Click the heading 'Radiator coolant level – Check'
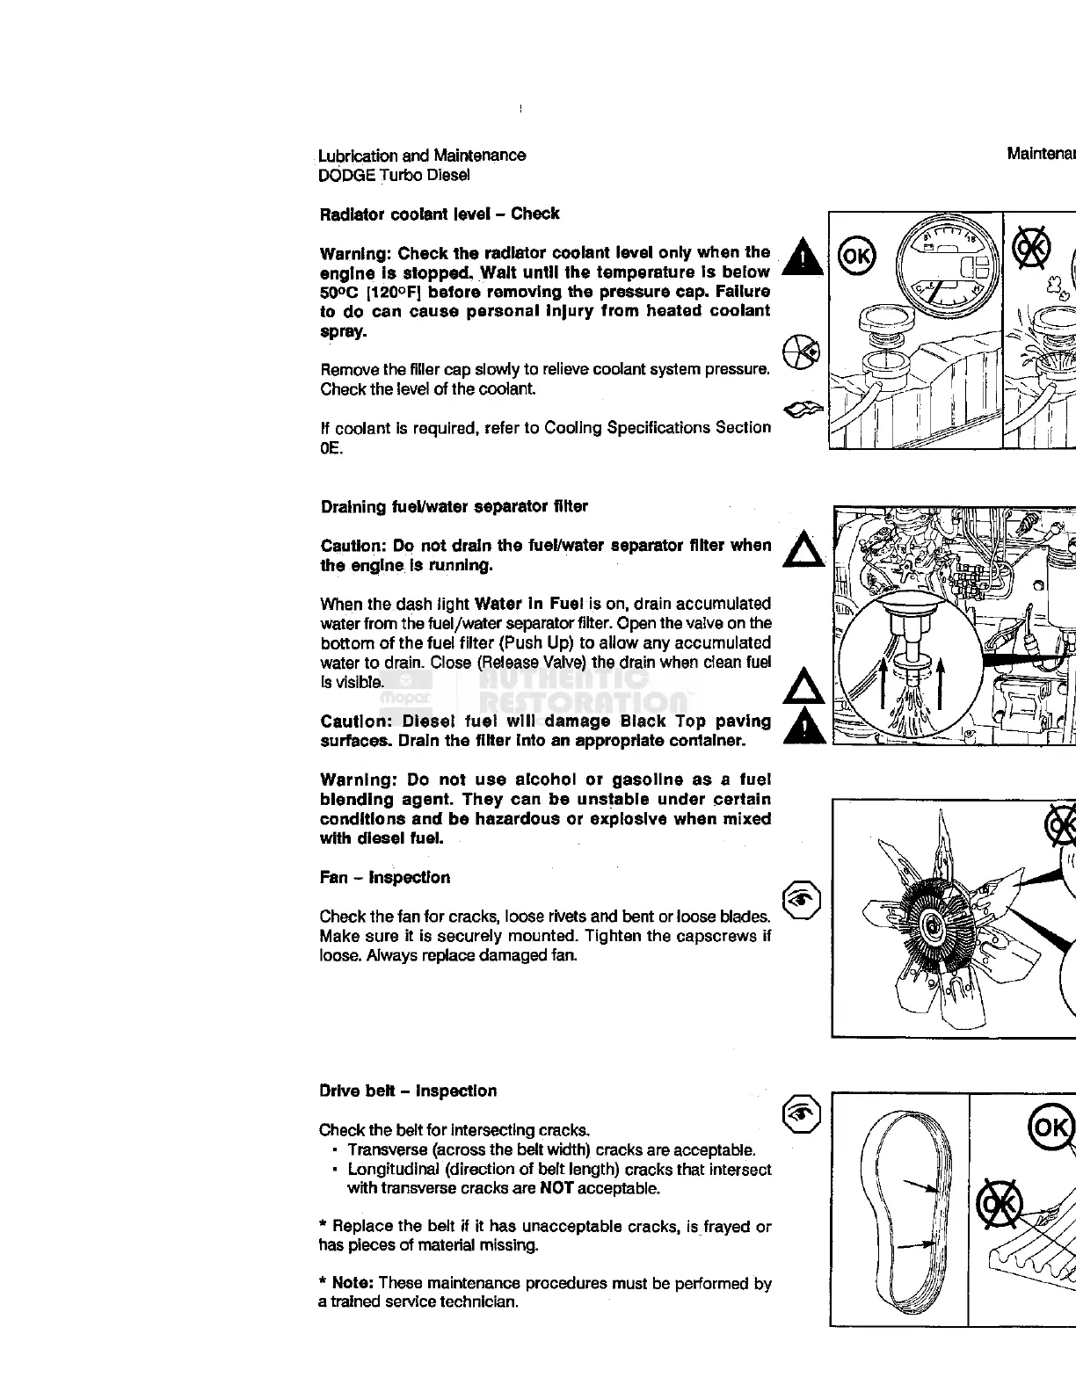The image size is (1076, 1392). tap(440, 214)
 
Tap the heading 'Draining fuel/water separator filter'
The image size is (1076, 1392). tap(454, 507)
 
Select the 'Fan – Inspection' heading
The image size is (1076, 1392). tap(385, 878)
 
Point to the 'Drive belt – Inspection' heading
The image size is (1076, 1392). tap(408, 1091)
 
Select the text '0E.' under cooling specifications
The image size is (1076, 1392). tap(331, 448)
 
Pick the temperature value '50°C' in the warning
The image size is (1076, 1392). tap(338, 292)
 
